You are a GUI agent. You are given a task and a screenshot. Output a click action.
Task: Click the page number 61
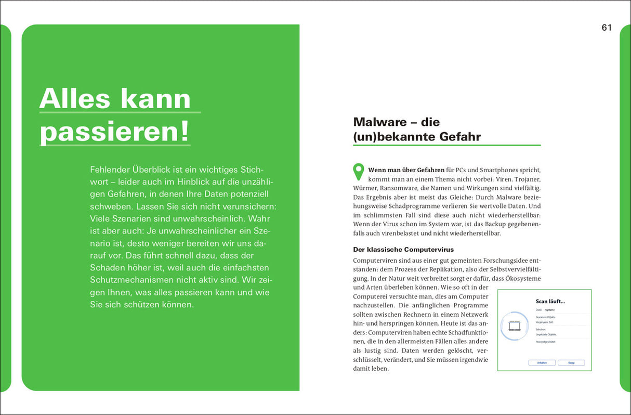pos(607,28)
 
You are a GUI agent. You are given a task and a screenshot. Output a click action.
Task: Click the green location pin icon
pos(359,172)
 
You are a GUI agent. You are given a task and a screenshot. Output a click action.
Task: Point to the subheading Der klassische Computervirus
pos(403,249)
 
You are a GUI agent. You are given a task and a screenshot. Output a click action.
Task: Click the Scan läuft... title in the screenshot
pos(550,301)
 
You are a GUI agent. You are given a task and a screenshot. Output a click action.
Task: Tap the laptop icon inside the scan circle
pos(514,326)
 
